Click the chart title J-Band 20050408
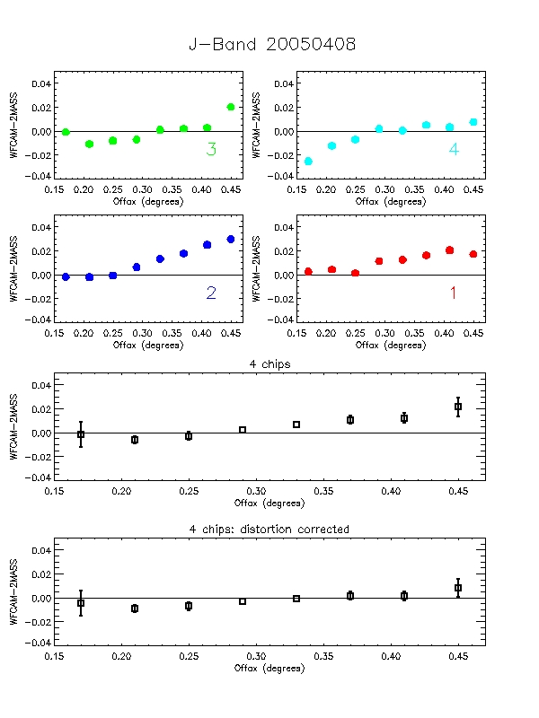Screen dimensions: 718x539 [x=271, y=45]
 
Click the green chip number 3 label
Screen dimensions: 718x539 [x=211, y=150]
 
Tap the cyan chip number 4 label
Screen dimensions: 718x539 [x=454, y=150]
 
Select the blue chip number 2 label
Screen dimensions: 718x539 [x=211, y=293]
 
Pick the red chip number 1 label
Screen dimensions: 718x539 [x=453, y=293]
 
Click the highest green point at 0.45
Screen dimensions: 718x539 [x=231, y=107]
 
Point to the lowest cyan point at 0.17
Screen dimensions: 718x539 [x=309, y=162]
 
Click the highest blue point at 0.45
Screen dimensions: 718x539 [x=231, y=239]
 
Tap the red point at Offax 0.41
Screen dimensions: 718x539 [x=450, y=250]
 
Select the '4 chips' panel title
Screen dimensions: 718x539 [x=269, y=363]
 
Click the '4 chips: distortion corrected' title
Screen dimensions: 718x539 [x=269, y=530]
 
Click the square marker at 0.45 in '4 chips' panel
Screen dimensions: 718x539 [x=458, y=407]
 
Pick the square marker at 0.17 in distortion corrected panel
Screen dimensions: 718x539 [x=81, y=603]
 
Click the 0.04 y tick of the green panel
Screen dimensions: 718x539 [x=40, y=83]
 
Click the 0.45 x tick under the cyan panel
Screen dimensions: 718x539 [x=473, y=190]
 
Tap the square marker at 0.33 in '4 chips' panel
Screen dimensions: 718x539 [x=296, y=425]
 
